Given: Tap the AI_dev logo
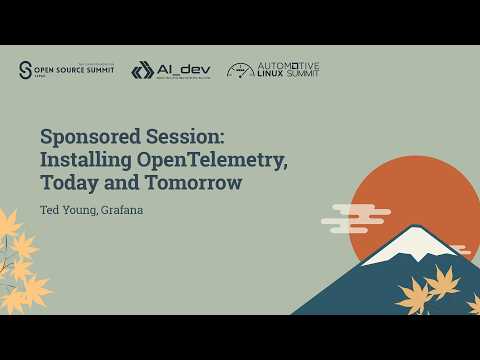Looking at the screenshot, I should point(169,70).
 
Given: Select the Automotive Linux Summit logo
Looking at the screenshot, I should point(273,70).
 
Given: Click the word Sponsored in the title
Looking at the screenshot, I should point(89,135).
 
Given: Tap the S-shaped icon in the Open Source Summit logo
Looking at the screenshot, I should point(26,70).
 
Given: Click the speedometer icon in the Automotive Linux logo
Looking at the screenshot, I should point(240,70).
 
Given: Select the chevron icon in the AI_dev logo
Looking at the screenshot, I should point(142,70).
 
